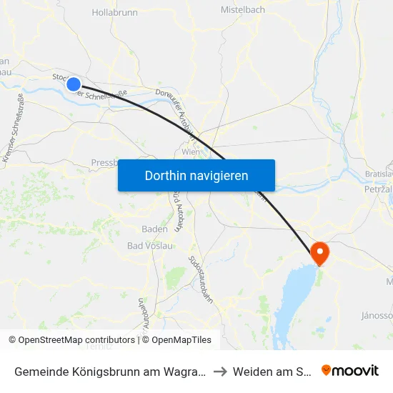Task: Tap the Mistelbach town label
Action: coord(243,10)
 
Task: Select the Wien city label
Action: coord(190,152)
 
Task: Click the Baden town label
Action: coord(154,229)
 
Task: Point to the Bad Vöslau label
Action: coord(149,247)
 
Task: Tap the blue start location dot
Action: coord(74,84)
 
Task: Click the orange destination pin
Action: coord(319,252)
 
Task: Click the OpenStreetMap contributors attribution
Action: coord(71,340)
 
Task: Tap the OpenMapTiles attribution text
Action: coord(176,340)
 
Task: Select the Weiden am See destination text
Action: coord(273,371)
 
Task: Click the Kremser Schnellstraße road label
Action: coord(14,128)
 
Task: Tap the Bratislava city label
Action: coord(378,174)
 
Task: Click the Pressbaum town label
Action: coord(105,163)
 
